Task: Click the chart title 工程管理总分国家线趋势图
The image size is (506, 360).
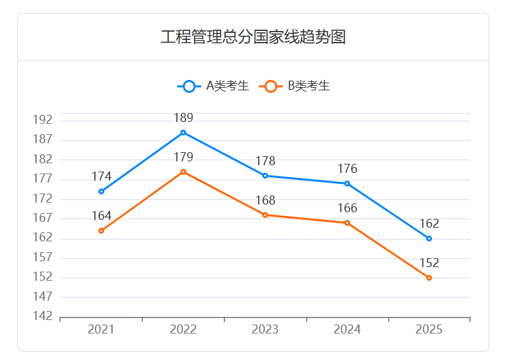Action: point(253,37)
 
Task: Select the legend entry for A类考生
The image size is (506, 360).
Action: point(213,86)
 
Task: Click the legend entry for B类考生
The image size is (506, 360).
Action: point(295,86)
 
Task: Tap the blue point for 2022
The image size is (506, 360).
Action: point(183,133)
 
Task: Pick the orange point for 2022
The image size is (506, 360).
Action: point(183,172)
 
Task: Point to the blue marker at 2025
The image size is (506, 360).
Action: point(429,239)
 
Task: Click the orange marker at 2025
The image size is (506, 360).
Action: point(429,277)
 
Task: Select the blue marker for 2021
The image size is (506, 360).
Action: point(101,192)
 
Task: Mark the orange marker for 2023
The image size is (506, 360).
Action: point(265,215)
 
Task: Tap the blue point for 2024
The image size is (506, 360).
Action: point(347,184)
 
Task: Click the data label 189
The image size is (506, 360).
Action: point(183,118)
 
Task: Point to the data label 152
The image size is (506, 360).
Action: point(429,263)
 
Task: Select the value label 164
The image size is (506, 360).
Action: point(101,215)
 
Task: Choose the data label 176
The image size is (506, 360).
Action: point(347,169)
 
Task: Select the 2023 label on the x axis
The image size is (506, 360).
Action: point(265,330)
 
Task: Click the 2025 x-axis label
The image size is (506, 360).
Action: point(429,330)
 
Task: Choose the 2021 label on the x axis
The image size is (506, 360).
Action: point(101,330)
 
